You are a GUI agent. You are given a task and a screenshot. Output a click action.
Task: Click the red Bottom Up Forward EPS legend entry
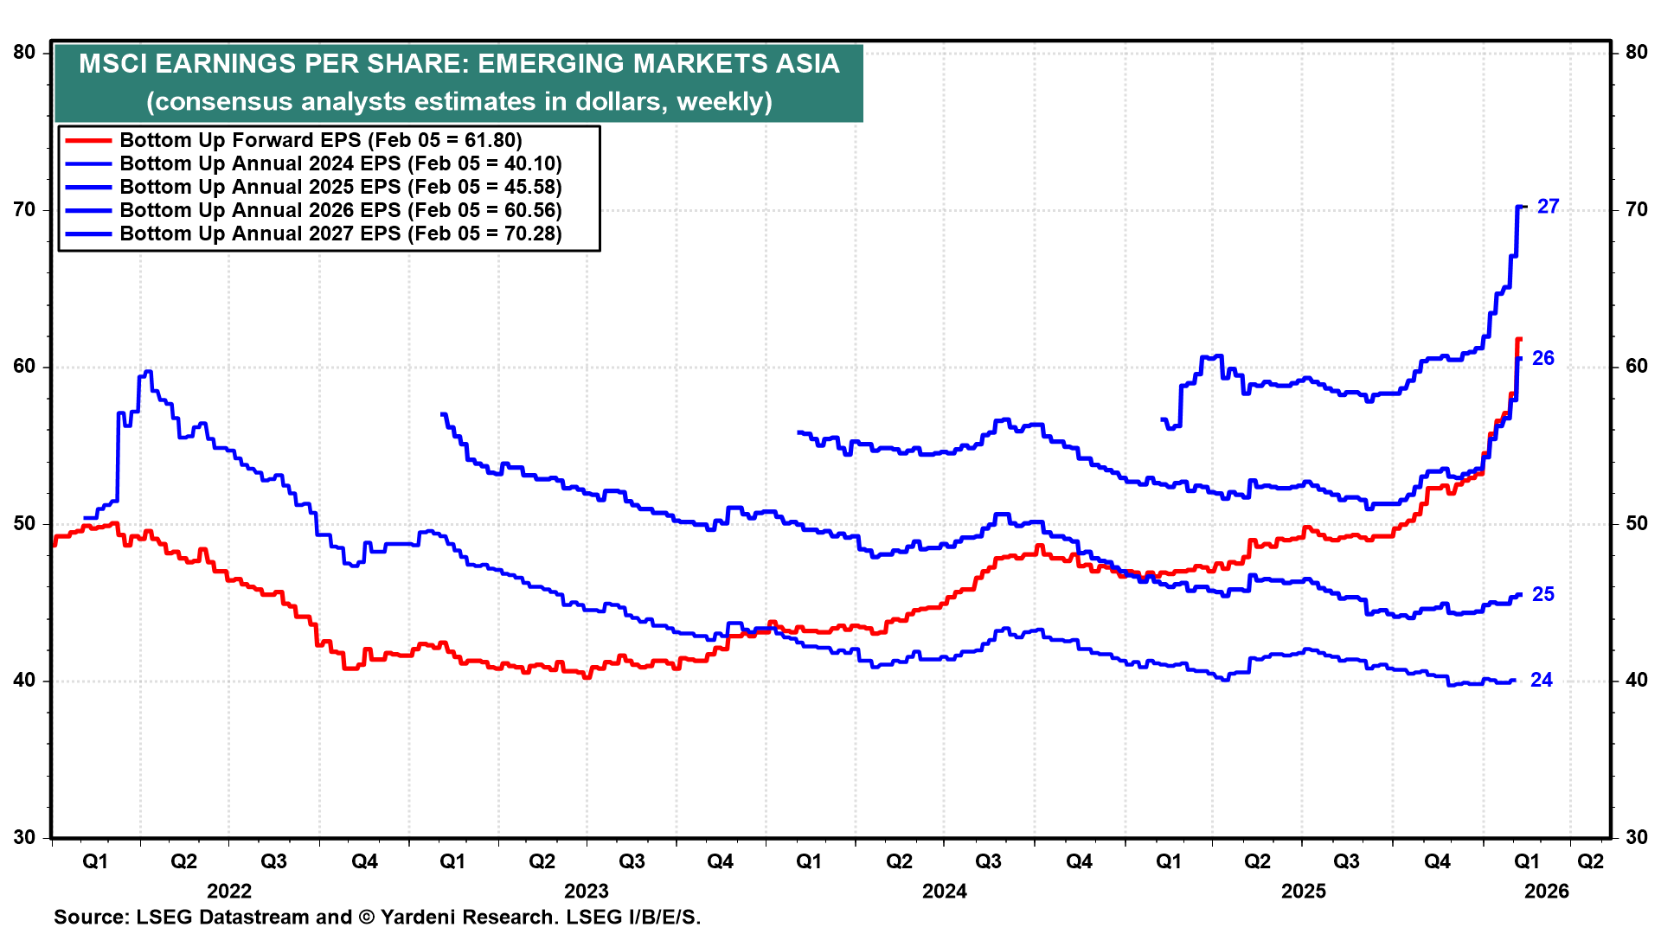[x=320, y=140]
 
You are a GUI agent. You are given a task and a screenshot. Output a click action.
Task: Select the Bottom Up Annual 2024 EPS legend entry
[x=340, y=163]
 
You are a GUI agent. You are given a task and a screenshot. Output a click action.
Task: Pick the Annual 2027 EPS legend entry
[x=340, y=233]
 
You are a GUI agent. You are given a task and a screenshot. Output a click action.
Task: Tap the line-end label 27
[x=1548, y=207]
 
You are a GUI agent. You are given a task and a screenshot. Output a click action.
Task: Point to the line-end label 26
[x=1542, y=358]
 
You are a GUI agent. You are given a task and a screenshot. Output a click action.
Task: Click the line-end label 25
[x=1542, y=594]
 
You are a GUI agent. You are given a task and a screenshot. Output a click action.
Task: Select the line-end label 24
[x=1542, y=681]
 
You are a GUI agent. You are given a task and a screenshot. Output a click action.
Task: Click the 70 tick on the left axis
[x=24, y=210]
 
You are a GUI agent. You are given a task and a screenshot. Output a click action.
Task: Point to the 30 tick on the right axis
[x=1636, y=837]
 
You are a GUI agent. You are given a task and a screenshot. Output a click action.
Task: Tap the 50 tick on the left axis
[x=24, y=524]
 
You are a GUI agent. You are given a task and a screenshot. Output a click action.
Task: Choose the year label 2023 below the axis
[x=586, y=891]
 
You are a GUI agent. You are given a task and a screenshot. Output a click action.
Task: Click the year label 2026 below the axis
[x=1546, y=891]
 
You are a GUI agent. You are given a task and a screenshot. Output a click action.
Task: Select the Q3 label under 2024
[x=988, y=861]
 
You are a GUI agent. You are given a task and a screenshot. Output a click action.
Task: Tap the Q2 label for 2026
[x=1590, y=861]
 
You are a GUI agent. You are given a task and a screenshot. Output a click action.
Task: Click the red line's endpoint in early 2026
[x=1519, y=339]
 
